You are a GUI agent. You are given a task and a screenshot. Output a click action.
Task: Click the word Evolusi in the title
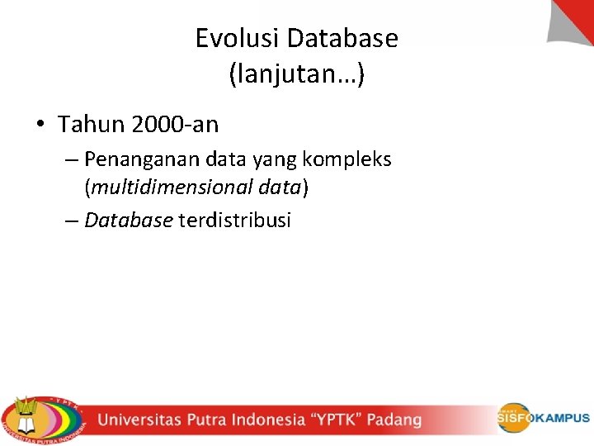click(x=233, y=38)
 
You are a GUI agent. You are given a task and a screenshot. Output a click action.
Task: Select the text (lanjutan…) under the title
click(x=296, y=75)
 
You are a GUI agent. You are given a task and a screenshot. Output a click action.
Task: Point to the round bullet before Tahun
click(x=40, y=125)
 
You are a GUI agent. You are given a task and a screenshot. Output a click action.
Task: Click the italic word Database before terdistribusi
click(x=129, y=221)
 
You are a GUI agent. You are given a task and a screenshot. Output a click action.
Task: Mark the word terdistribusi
click(x=234, y=221)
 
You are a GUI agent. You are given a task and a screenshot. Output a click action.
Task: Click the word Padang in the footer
click(x=394, y=420)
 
